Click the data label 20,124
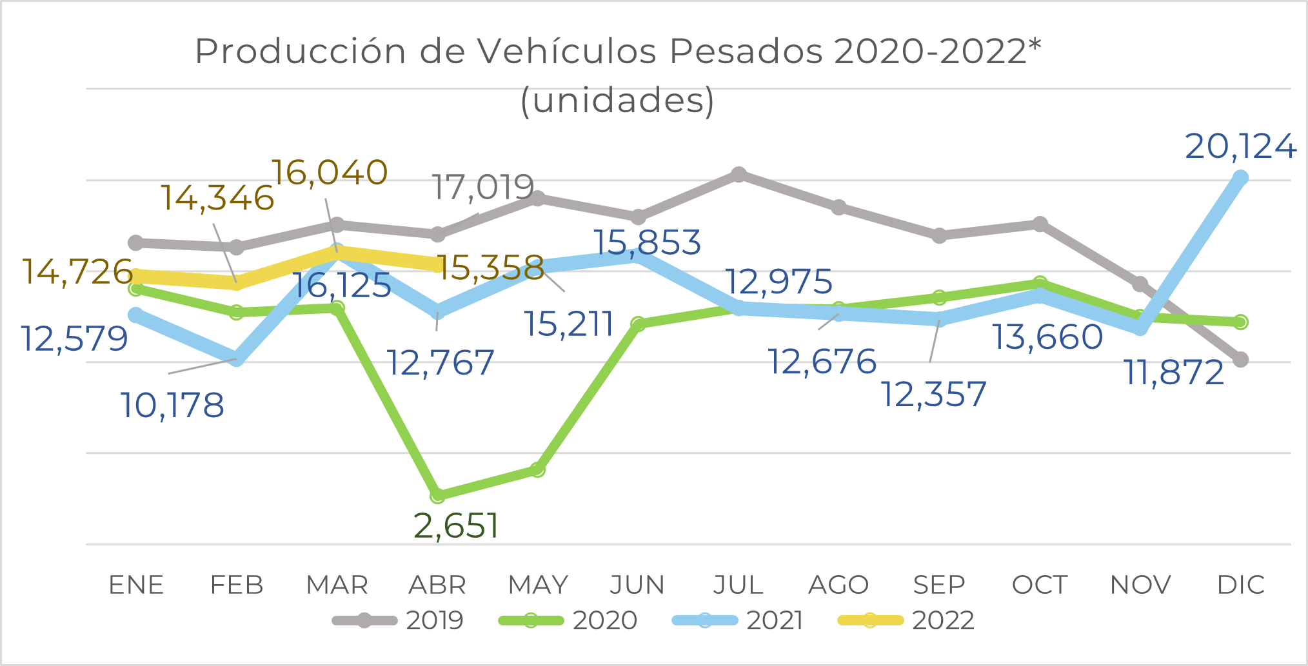(1240, 147)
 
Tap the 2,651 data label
(456, 526)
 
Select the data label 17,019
(482, 188)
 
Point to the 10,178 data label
(172, 406)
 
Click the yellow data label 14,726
(77, 271)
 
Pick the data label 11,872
(1174, 373)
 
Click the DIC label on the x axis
(1240, 585)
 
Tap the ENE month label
(136, 585)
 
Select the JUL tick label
(738, 585)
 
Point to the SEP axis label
(939, 585)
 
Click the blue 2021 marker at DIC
(1240, 179)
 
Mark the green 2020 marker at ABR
(437, 496)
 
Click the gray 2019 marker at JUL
(738, 175)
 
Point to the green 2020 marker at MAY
(538, 470)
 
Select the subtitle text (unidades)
(617, 100)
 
